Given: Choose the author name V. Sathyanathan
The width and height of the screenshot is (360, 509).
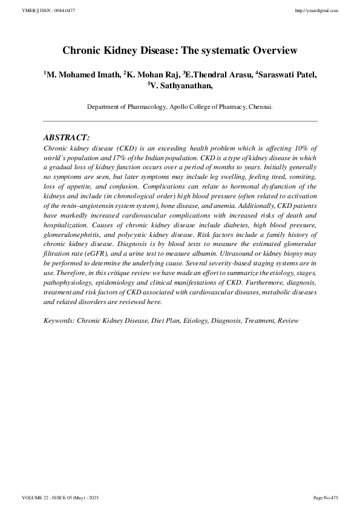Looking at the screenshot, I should (181, 86).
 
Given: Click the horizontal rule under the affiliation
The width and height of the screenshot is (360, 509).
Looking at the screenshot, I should (180, 122).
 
